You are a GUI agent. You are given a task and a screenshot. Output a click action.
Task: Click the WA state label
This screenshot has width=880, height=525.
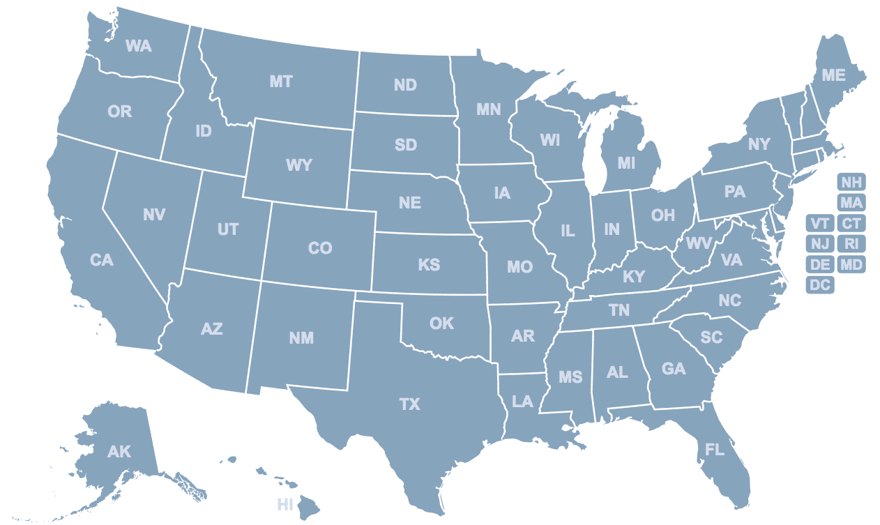coord(138,46)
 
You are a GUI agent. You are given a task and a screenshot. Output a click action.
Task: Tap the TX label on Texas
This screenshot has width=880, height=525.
coord(410,404)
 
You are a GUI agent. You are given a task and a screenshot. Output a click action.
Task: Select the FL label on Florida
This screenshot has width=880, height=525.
coord(715,450)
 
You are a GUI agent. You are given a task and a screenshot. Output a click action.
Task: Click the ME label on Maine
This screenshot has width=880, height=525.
coord(834,75)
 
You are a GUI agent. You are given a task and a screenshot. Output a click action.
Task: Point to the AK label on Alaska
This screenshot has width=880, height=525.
coord(119,452)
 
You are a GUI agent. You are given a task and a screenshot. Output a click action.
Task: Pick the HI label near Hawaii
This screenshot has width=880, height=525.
coord(285,504)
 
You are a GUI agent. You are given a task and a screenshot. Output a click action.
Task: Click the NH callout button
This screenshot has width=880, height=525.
coord(851,183)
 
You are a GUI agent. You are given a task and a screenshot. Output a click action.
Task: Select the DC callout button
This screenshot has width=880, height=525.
coord(820,285)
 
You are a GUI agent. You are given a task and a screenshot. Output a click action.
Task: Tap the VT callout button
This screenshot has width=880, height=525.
coord(820,224)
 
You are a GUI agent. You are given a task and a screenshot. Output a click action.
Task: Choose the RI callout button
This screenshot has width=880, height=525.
coord(851,244)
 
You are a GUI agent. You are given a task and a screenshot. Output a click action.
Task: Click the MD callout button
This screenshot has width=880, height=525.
coord(851,265)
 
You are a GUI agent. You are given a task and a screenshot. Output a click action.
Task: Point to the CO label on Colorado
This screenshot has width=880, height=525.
coord(320,248)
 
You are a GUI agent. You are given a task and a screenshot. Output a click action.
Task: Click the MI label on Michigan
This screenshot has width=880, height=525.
coord(627,163)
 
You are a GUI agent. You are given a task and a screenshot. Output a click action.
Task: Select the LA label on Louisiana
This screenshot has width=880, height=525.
coord(522,402)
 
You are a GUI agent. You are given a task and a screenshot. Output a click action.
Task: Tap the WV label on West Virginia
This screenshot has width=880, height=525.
coord(698,243)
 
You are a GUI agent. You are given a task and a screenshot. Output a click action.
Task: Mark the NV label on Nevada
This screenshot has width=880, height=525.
coord(154,214)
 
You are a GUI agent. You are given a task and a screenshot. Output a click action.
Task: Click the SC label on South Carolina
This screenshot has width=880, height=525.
coord(711,337)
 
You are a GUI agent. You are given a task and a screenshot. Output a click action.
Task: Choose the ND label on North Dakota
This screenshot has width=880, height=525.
coord(405,85)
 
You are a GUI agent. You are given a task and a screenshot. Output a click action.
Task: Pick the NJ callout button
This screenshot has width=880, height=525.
coord(820,244)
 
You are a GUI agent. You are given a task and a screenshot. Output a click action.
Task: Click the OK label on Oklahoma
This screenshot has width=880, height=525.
coord(441,323)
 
